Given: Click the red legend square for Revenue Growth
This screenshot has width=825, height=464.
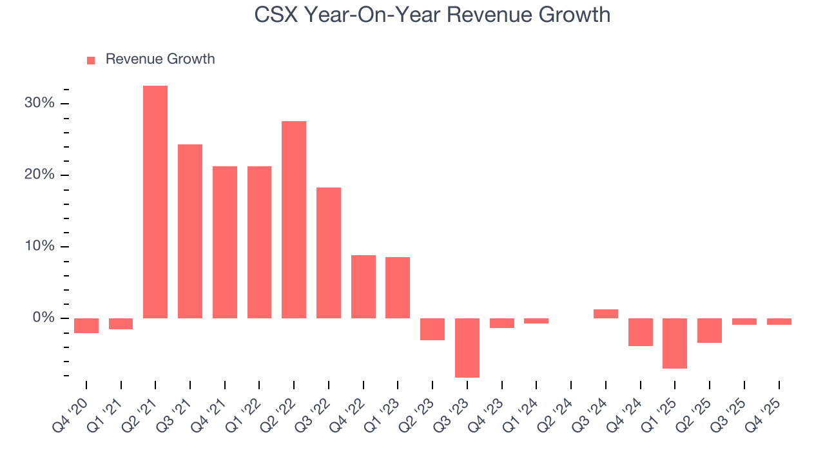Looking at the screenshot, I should [91, 60].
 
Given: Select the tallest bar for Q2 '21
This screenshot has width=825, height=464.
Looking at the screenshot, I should [155, 202].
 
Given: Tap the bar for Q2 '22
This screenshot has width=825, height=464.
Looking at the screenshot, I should [294, 220].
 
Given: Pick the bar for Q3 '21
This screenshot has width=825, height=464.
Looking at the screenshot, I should [190, 231].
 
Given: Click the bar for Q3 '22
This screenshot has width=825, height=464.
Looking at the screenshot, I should [329, 253].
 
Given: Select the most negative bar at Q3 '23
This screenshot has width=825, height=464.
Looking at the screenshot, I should [467, 347].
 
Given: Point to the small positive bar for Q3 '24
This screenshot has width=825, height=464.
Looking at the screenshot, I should [606, 314].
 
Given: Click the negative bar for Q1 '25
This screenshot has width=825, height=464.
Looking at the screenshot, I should [675, 343].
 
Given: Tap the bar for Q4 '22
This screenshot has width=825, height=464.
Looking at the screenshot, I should [364, 287].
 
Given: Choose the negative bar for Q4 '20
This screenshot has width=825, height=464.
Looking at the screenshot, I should [86, 325].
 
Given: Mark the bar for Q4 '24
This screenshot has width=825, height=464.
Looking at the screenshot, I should [641, 332].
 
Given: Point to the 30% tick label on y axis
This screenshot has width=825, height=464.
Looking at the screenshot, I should [41, 104].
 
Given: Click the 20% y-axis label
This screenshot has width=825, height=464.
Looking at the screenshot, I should [41, 175].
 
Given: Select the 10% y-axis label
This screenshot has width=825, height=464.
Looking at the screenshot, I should [41, 247].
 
